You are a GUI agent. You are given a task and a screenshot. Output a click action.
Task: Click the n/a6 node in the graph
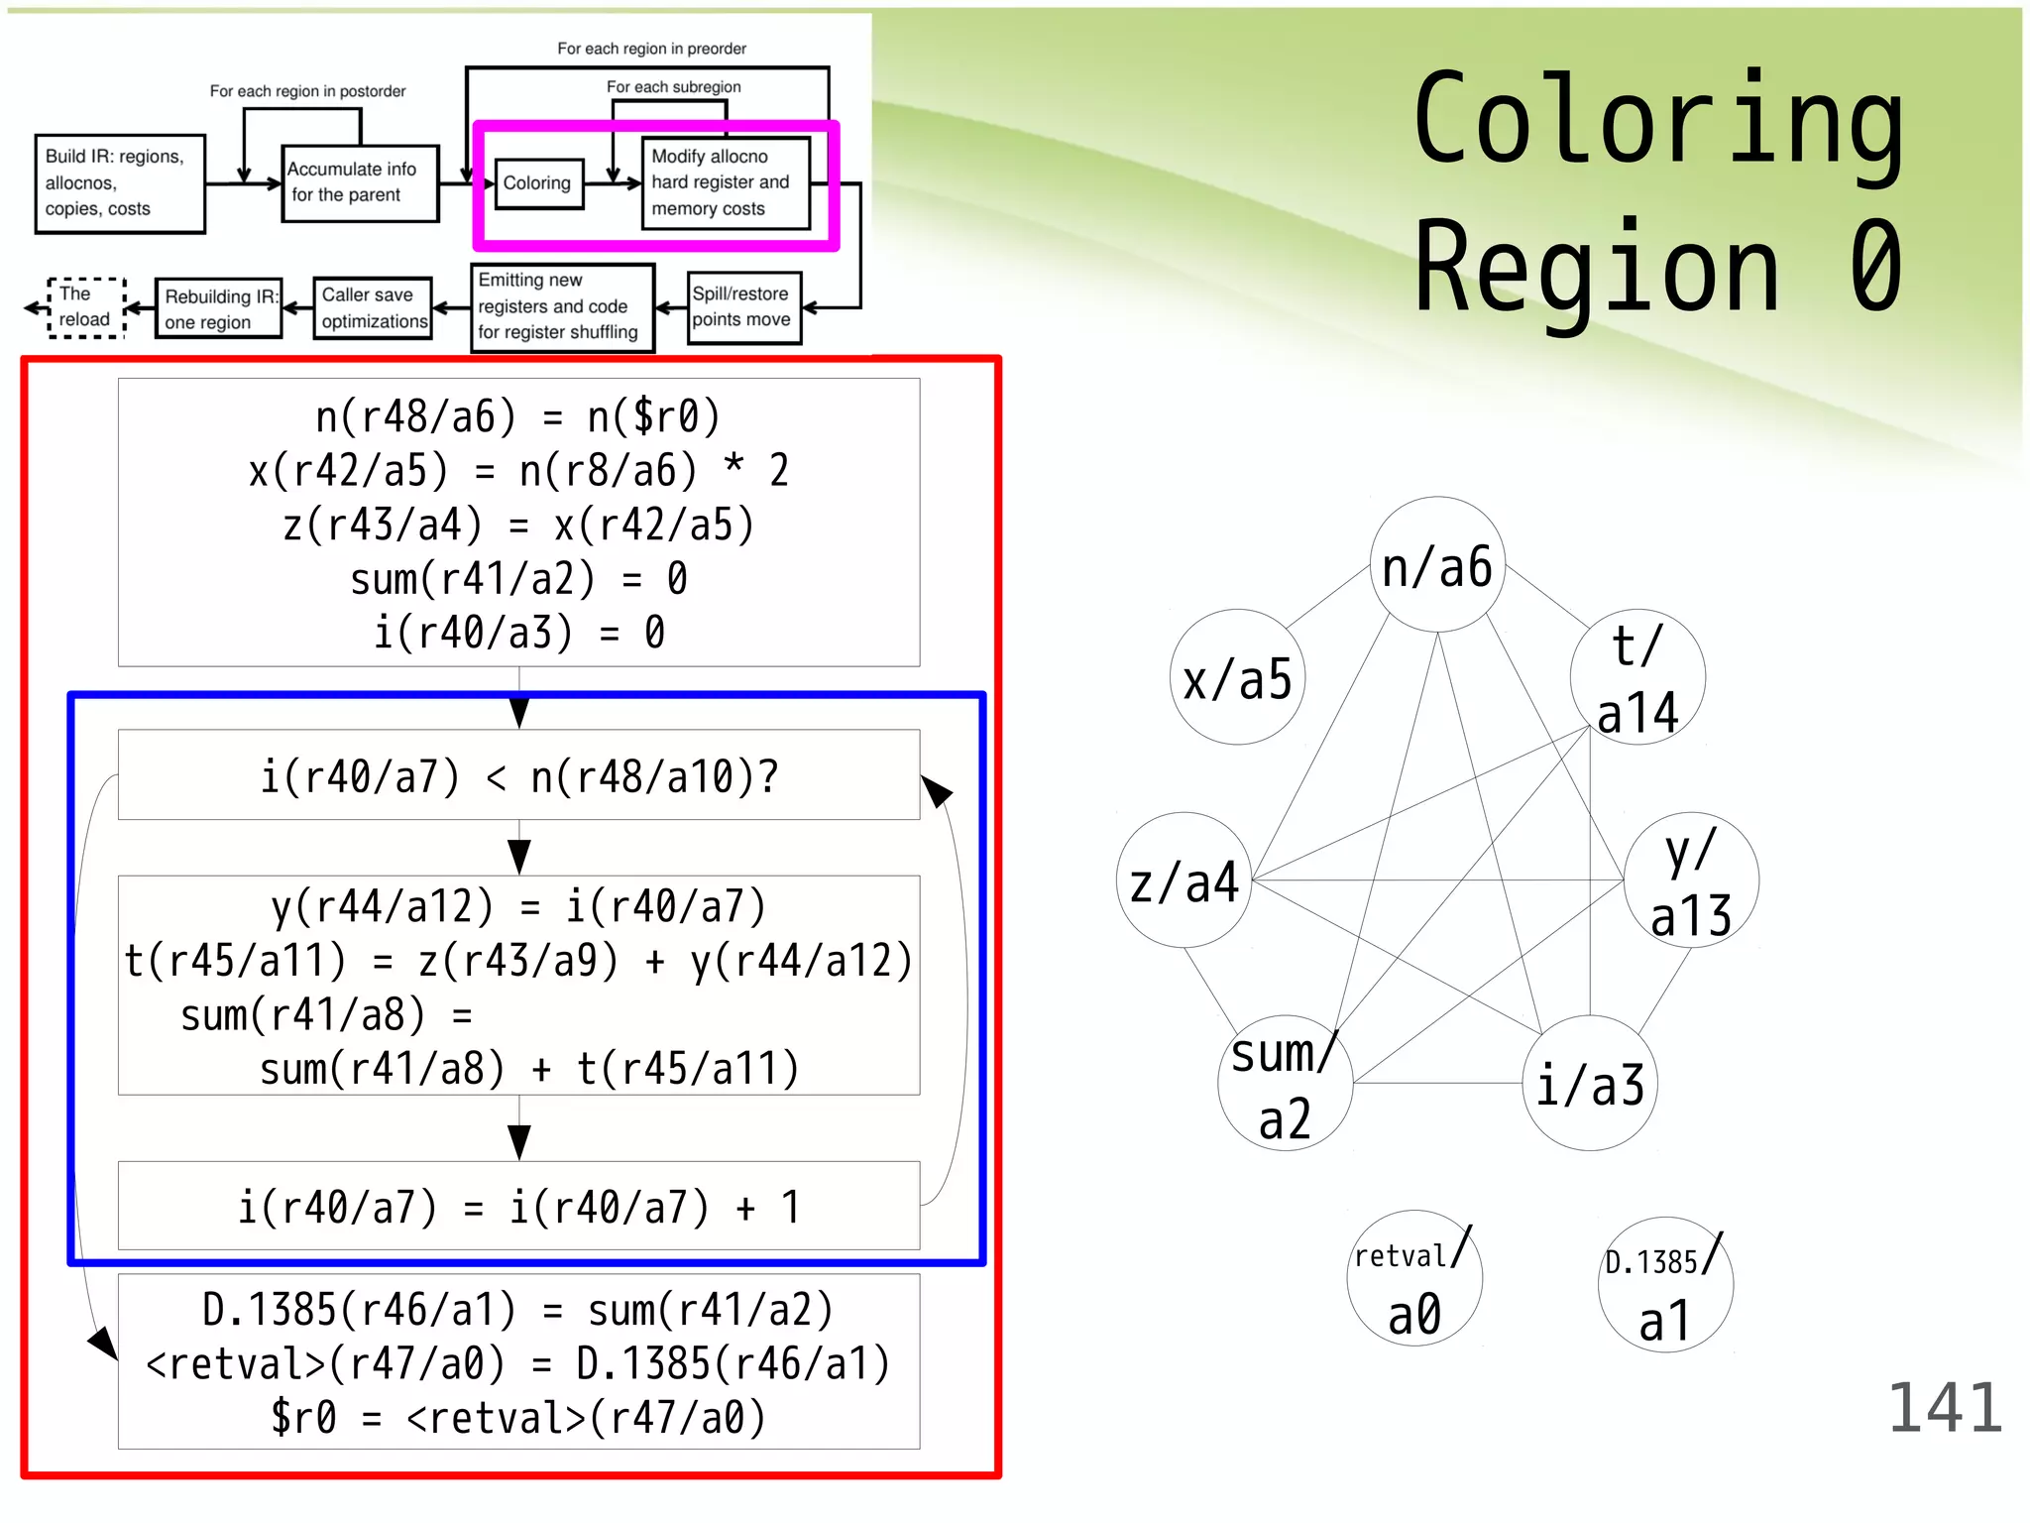click(1436, 565)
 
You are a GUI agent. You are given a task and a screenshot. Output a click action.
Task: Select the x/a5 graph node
click(1237, 678)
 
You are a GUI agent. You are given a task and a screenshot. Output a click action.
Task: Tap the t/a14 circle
click(1637, 678)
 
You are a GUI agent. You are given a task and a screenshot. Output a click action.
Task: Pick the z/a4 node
click(1184, 880)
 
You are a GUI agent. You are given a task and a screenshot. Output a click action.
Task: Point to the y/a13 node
click(1691, 880)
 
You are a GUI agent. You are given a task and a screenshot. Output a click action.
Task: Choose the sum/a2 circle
click(1286, 1083)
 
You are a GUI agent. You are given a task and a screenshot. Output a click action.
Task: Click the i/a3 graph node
click(1590, 1083)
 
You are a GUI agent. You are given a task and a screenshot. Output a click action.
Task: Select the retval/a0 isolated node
click(1414, 1279)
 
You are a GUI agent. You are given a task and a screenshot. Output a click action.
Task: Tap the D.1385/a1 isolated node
click(1665, 1285)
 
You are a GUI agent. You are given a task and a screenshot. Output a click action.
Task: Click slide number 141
click(1945, 1408)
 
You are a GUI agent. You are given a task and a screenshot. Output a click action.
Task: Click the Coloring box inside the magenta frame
click(538, 183)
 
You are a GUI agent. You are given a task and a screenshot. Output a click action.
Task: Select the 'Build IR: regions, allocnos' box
click(120, 183)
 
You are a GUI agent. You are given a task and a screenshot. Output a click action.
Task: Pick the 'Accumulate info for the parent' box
click(360, 183)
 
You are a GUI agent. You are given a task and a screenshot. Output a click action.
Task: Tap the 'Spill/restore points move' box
click(743, 307)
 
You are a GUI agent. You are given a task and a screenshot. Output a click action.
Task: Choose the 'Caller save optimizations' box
click(373, 308)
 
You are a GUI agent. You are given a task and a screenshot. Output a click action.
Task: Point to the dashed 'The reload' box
click(87, 307)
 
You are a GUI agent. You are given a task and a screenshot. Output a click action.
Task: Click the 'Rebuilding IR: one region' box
click(219, 309)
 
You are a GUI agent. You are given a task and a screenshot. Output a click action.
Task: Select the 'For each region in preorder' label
click(651, 49)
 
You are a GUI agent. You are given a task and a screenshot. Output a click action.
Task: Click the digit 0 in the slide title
click(1875, 268)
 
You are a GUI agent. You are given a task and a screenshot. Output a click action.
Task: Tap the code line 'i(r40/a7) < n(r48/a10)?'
click(518, 776)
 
